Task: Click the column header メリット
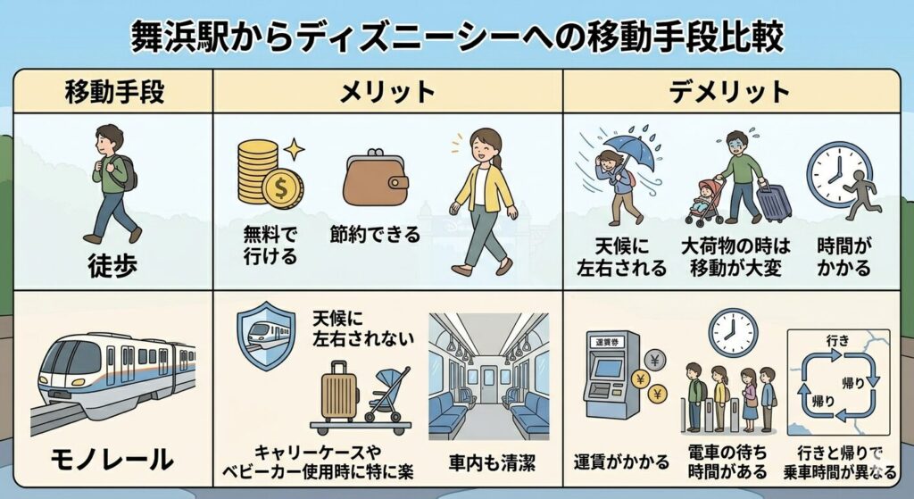pos(387,92)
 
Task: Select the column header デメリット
pos(729,92)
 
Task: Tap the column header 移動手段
pos(114,92)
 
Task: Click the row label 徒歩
pos(112,266)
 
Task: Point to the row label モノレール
pos(112,460)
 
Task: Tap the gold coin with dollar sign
pos(282,188)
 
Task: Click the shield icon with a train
pos(266,335)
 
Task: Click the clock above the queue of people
pos(733,332)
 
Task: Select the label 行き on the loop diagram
pos(837,341)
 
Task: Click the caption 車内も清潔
pos(493,463)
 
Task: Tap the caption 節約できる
pos(375,235)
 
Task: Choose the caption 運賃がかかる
pos(621,462)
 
